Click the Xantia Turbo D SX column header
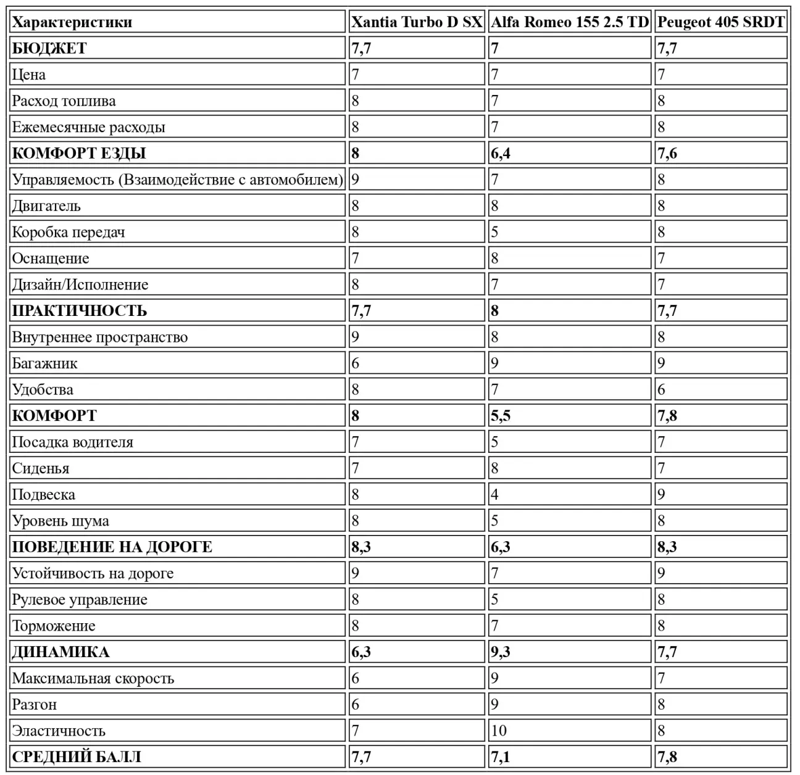pyautogui.click(x=417, y=22)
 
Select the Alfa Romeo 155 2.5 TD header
pyautogui.click(x=569, y=22)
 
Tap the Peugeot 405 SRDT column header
pyautogui.click(x=720, y=22)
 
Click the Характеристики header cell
pyautogui.click(x=72, y=23)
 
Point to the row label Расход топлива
pyautogui.click(x=64, y=101)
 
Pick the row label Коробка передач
pyautogui.click(x=69, y=233)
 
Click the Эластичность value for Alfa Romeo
pyautogui.click(x=499, y=731)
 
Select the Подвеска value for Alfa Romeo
pyautogui.click(x=494, y=495)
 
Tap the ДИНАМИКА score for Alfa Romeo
pyautogui.click(x=501, y=652)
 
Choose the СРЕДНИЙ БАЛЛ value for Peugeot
pyautogui.click(x=667, y=757)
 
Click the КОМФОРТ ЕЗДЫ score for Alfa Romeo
pyautogui.click(x=501, y=154)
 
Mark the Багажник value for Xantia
pyautogui.click(x=355, y=363)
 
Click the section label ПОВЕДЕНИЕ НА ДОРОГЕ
pyautogui.click(x=112, y=547)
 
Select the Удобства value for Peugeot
pyautogui.click(x=661, y=390)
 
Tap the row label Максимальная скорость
pyautogui.click(x=93, y=679)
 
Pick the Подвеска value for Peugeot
pyautogui.click(x=661, y=495)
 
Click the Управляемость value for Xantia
pyautogui.click(x=355, y=180)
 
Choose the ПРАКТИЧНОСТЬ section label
pyautogui.click(x=80, y=311)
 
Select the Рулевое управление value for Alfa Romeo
pyautogui.click(x=494, y=600)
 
